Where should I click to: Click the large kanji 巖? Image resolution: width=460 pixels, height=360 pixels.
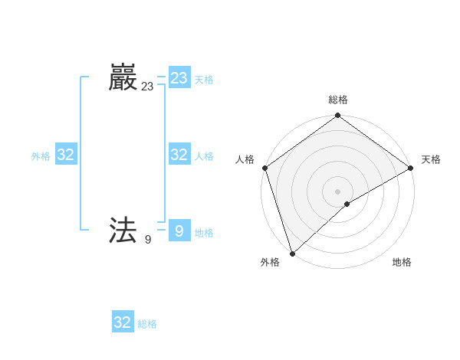click(x=123, y=78)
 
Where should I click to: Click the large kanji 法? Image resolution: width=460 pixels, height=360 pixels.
click(x=123, y=231)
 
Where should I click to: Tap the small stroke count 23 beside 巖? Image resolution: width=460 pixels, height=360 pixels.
click(x=147, y=87)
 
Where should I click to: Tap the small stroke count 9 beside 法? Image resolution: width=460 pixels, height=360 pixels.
click(x=148, y=240)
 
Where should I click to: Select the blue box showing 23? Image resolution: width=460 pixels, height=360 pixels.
click(x=179, y=78)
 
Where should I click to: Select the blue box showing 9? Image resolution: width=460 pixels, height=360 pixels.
click(x=179, y=231)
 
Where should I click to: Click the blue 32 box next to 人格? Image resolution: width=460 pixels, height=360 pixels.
click(x=179, y=155)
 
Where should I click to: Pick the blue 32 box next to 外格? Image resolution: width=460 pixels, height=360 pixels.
click(x=66, y=155)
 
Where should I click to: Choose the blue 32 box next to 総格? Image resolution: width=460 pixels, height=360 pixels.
click(x=123, y=322)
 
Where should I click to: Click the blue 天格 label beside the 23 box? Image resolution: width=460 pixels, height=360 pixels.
click(x=204, y=80)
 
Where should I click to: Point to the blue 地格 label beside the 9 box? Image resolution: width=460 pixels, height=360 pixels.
click(x=204, y=233)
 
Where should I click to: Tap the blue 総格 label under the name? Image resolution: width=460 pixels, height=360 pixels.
click(x=147, y=324)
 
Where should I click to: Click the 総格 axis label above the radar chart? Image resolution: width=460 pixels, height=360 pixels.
click(x=338, y=100)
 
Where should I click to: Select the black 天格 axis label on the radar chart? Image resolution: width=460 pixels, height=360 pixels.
click(x=431, y=159)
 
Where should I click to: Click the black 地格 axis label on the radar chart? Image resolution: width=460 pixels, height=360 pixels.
click(x=402, y=263)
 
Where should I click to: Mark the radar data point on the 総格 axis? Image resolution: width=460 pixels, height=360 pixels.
click(x=338, y=116)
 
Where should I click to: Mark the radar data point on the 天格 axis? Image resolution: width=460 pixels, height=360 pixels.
click(x=411, y=168)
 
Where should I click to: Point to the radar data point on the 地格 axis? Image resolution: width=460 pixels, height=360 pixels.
click(x=347, y=204)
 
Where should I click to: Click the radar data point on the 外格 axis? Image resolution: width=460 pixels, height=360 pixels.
click(x=292, y=254)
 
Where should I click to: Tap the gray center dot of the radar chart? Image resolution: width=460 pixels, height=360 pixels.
click(x=338, y=191)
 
